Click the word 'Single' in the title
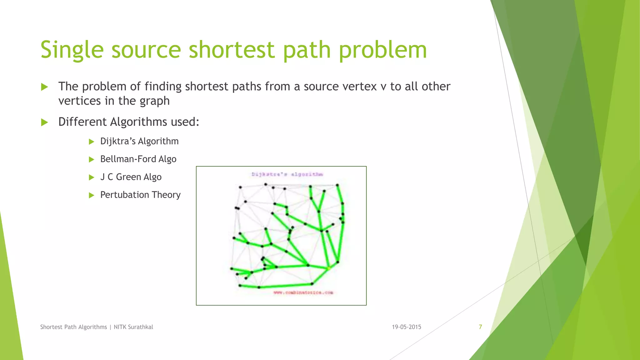[72, 50]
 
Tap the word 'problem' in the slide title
[383, 50]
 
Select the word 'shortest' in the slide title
[232, 50]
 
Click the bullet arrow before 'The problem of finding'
[45, 87]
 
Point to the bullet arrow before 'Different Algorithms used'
[45, 122]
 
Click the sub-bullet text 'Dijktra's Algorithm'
[139, 141]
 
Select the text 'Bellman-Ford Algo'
[138, 159]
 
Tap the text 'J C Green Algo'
[131, 177]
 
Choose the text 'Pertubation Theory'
[140, 195]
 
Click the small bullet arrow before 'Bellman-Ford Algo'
[92, 159]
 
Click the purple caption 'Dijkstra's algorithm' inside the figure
[287, 174]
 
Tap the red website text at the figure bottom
[303, 292]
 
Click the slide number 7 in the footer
[480, 327]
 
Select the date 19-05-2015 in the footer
[406, 327]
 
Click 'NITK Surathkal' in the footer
[133, 327]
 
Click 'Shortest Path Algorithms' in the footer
[73, 327]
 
